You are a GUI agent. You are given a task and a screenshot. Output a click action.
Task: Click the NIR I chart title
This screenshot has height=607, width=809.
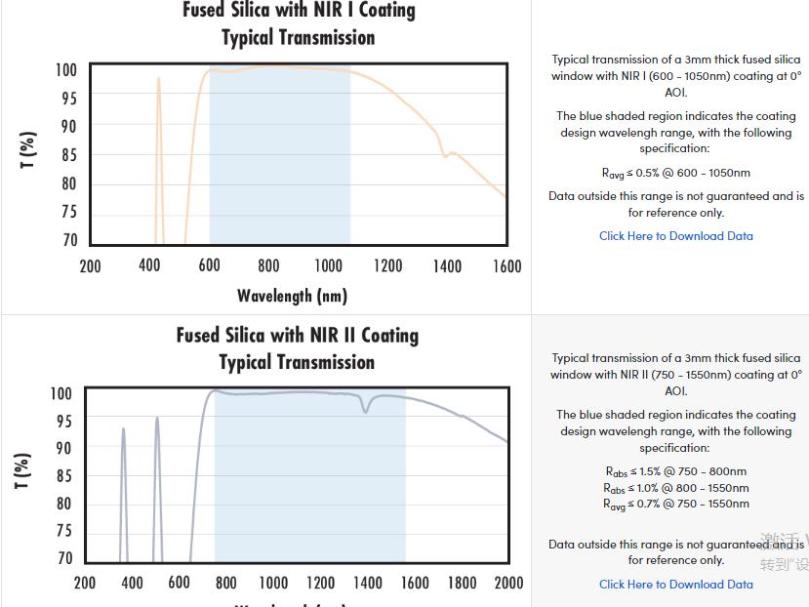pyautogui.click(x=299, y=24)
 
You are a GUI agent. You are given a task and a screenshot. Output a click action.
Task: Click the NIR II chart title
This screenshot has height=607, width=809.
pyautogui.click(x=298, y=348)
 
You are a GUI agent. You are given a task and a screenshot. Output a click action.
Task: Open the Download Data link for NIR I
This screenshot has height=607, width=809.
pyautogui.click(x=675, y=236)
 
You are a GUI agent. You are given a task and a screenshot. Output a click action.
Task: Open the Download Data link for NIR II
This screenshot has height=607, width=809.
pyautogui.click(x=675, y=585)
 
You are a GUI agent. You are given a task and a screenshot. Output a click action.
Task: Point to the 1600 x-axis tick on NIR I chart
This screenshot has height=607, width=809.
pyautogui.click(x=506, y=266)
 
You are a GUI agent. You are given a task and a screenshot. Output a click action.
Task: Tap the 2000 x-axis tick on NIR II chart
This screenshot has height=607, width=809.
pyautogui.click(x=508, y=584)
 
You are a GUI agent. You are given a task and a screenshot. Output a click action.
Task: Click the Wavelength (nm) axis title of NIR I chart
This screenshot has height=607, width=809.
pyautogui.click(x=292, y=295)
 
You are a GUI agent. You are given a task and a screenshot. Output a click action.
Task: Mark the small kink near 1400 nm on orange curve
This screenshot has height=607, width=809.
pyautogui.click(x=445, y=155)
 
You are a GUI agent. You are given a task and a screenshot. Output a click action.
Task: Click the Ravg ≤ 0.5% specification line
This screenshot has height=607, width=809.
pyautogui.click(x=675, y=174)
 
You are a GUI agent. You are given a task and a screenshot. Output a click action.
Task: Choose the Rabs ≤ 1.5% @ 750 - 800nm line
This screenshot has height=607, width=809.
pyautogui.click(x=675, y=472)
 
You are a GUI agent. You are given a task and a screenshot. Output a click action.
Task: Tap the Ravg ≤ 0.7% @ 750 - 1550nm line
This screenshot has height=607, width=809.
pyautogui.click(x=675, y=505)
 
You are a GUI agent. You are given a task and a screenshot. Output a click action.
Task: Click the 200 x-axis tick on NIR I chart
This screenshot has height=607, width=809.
pyautogui.click(x=90, y=266)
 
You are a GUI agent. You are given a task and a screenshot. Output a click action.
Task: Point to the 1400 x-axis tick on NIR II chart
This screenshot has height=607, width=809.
pyautogui.click(x=367, y=584)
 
